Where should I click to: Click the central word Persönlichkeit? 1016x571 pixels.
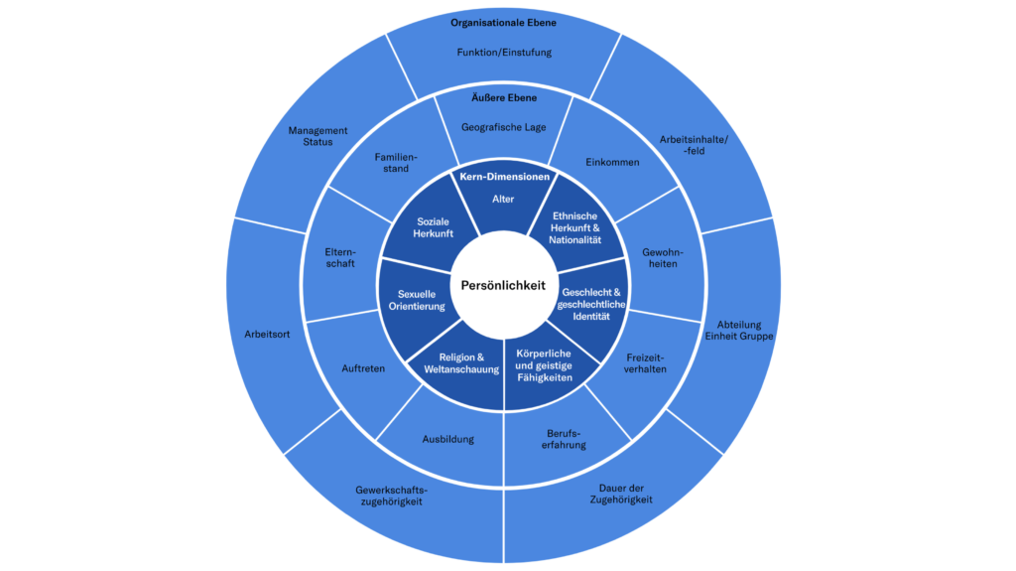[x=503, y=285]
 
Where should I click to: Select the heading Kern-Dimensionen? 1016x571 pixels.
[x=503, y=177]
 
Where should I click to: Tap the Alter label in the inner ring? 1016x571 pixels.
[x=503, y=198]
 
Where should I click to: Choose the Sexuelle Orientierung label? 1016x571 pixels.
[x=423, y=300]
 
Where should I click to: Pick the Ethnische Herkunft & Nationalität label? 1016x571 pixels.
[x=575, y=228]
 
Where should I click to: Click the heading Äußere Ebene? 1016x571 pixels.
[x=503, y=98]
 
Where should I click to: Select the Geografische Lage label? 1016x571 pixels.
[x=503, y=127]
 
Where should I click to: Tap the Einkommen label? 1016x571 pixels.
[x=612, y=162]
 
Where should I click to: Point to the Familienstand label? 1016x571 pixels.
[x=396, y=162]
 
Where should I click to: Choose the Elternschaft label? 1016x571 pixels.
[x=339, y=257]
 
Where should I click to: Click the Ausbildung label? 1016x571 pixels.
[x=448, y=439]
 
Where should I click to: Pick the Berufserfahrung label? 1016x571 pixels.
[x=567, y=439]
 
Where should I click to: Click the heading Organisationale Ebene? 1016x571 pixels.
[x=503, y=22]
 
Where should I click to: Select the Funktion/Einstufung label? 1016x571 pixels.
[x=503, y=52]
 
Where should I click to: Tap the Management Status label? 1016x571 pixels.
[x=317, y=135]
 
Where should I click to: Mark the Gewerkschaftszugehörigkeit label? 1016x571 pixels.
[x=389, y=495]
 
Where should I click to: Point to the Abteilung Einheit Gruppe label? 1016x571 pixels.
[x=739, y=330]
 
